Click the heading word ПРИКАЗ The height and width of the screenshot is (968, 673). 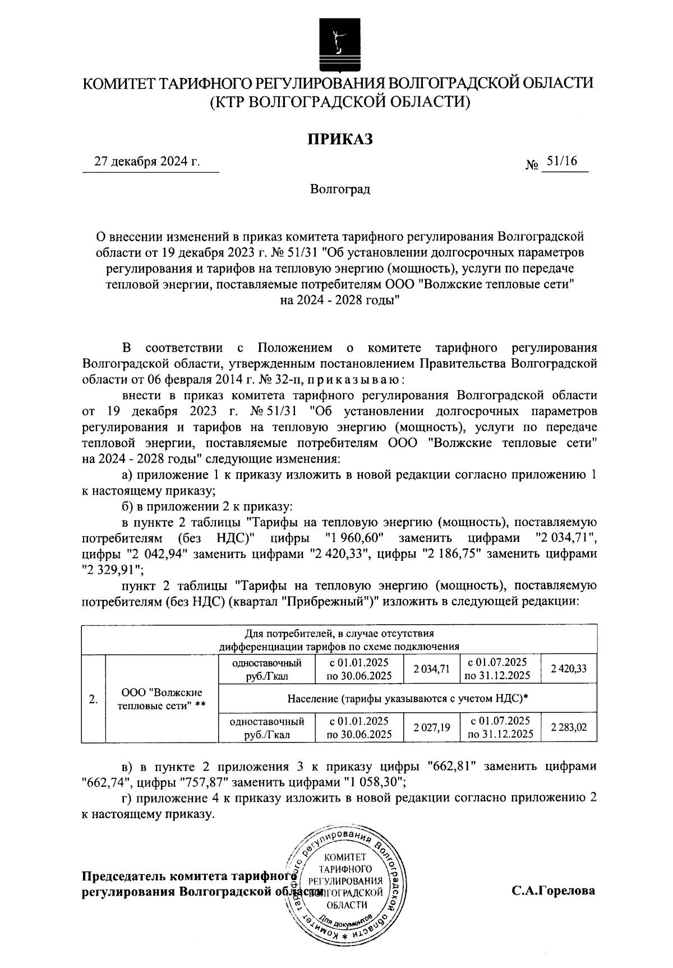[x=339, y=139]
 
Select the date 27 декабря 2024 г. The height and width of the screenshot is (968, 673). [x=147, y=163]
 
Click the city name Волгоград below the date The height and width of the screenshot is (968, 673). [x=340, y=189]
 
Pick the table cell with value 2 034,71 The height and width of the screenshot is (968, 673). [x=431, y=669]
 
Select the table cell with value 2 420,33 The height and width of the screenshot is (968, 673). [x=569, y=669]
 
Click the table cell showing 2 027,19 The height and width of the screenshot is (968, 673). [x=431, y=728]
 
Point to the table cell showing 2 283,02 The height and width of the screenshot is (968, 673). [x=569, y=728]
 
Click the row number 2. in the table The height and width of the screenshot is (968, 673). [x=94, y=699]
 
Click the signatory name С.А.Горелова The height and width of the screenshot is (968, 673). [x=552, y=891]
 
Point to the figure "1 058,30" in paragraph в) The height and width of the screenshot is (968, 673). [x=366, y=781]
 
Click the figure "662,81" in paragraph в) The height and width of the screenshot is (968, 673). [x=451, y=766]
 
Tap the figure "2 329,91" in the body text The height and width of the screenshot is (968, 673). [x=112, y=570]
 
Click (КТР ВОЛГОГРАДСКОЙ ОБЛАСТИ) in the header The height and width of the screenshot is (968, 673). [x=339, y=102]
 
